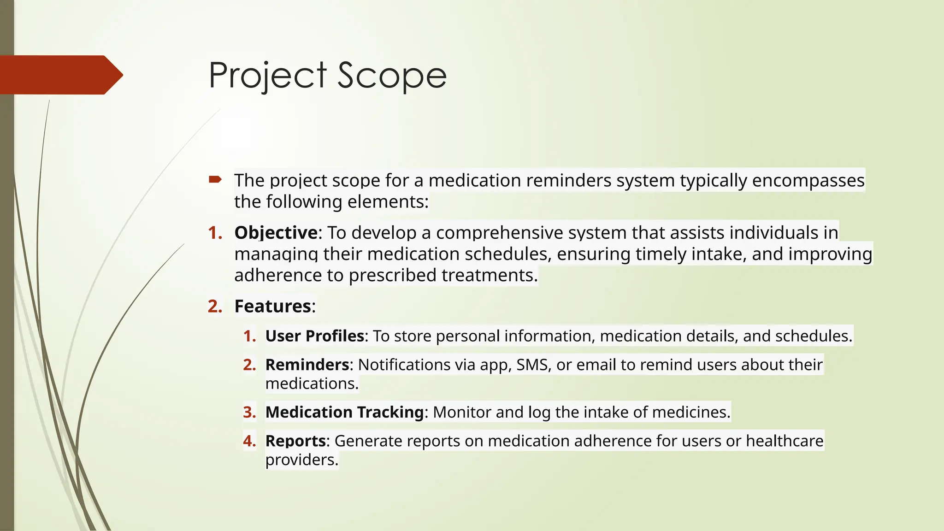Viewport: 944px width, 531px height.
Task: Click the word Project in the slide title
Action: pyautogui.click(x=268, y=75)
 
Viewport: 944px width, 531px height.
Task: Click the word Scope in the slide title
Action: pyautogui.click(x=392, y=75)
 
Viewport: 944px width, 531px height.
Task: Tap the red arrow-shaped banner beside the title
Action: pyautogui.click(x=60, y=75)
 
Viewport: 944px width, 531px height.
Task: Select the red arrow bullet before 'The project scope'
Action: pyautogui.click(x=215, y=179)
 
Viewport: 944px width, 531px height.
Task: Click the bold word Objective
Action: pyautogui.click(x=276, y=233)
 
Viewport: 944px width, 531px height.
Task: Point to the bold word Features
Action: pyautogui.click(x=273, y=306)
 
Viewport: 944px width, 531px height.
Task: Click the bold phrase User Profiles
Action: pyautogui.click(x=315, y=336)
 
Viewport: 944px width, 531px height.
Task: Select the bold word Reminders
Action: pyautogui.click(x=307, y=365)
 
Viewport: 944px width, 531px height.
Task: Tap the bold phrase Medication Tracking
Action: pyautogui.click(x=344, y=412)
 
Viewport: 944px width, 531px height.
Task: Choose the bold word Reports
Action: pyautogui.click(x=295, y=441)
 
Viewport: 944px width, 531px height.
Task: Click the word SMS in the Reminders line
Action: pyautogui.click(x=533, y=365)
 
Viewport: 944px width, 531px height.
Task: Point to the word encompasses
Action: pyautogui.click(x=808, y=180)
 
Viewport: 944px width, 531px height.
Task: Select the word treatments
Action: pyautogui.click(x=490, y=275)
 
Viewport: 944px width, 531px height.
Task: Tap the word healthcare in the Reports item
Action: pyautogui.click(x=785, y=441)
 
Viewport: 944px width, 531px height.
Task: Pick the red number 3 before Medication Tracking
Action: pyautogui.click(x=249, y=412)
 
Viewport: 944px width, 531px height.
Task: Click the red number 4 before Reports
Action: pyautogui.click(x=249, y=441)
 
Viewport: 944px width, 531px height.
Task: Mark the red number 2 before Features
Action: pyautogui.click(x=215, y=306)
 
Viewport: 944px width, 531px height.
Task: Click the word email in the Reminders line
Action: pyautogui.click(x=596, y=365)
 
